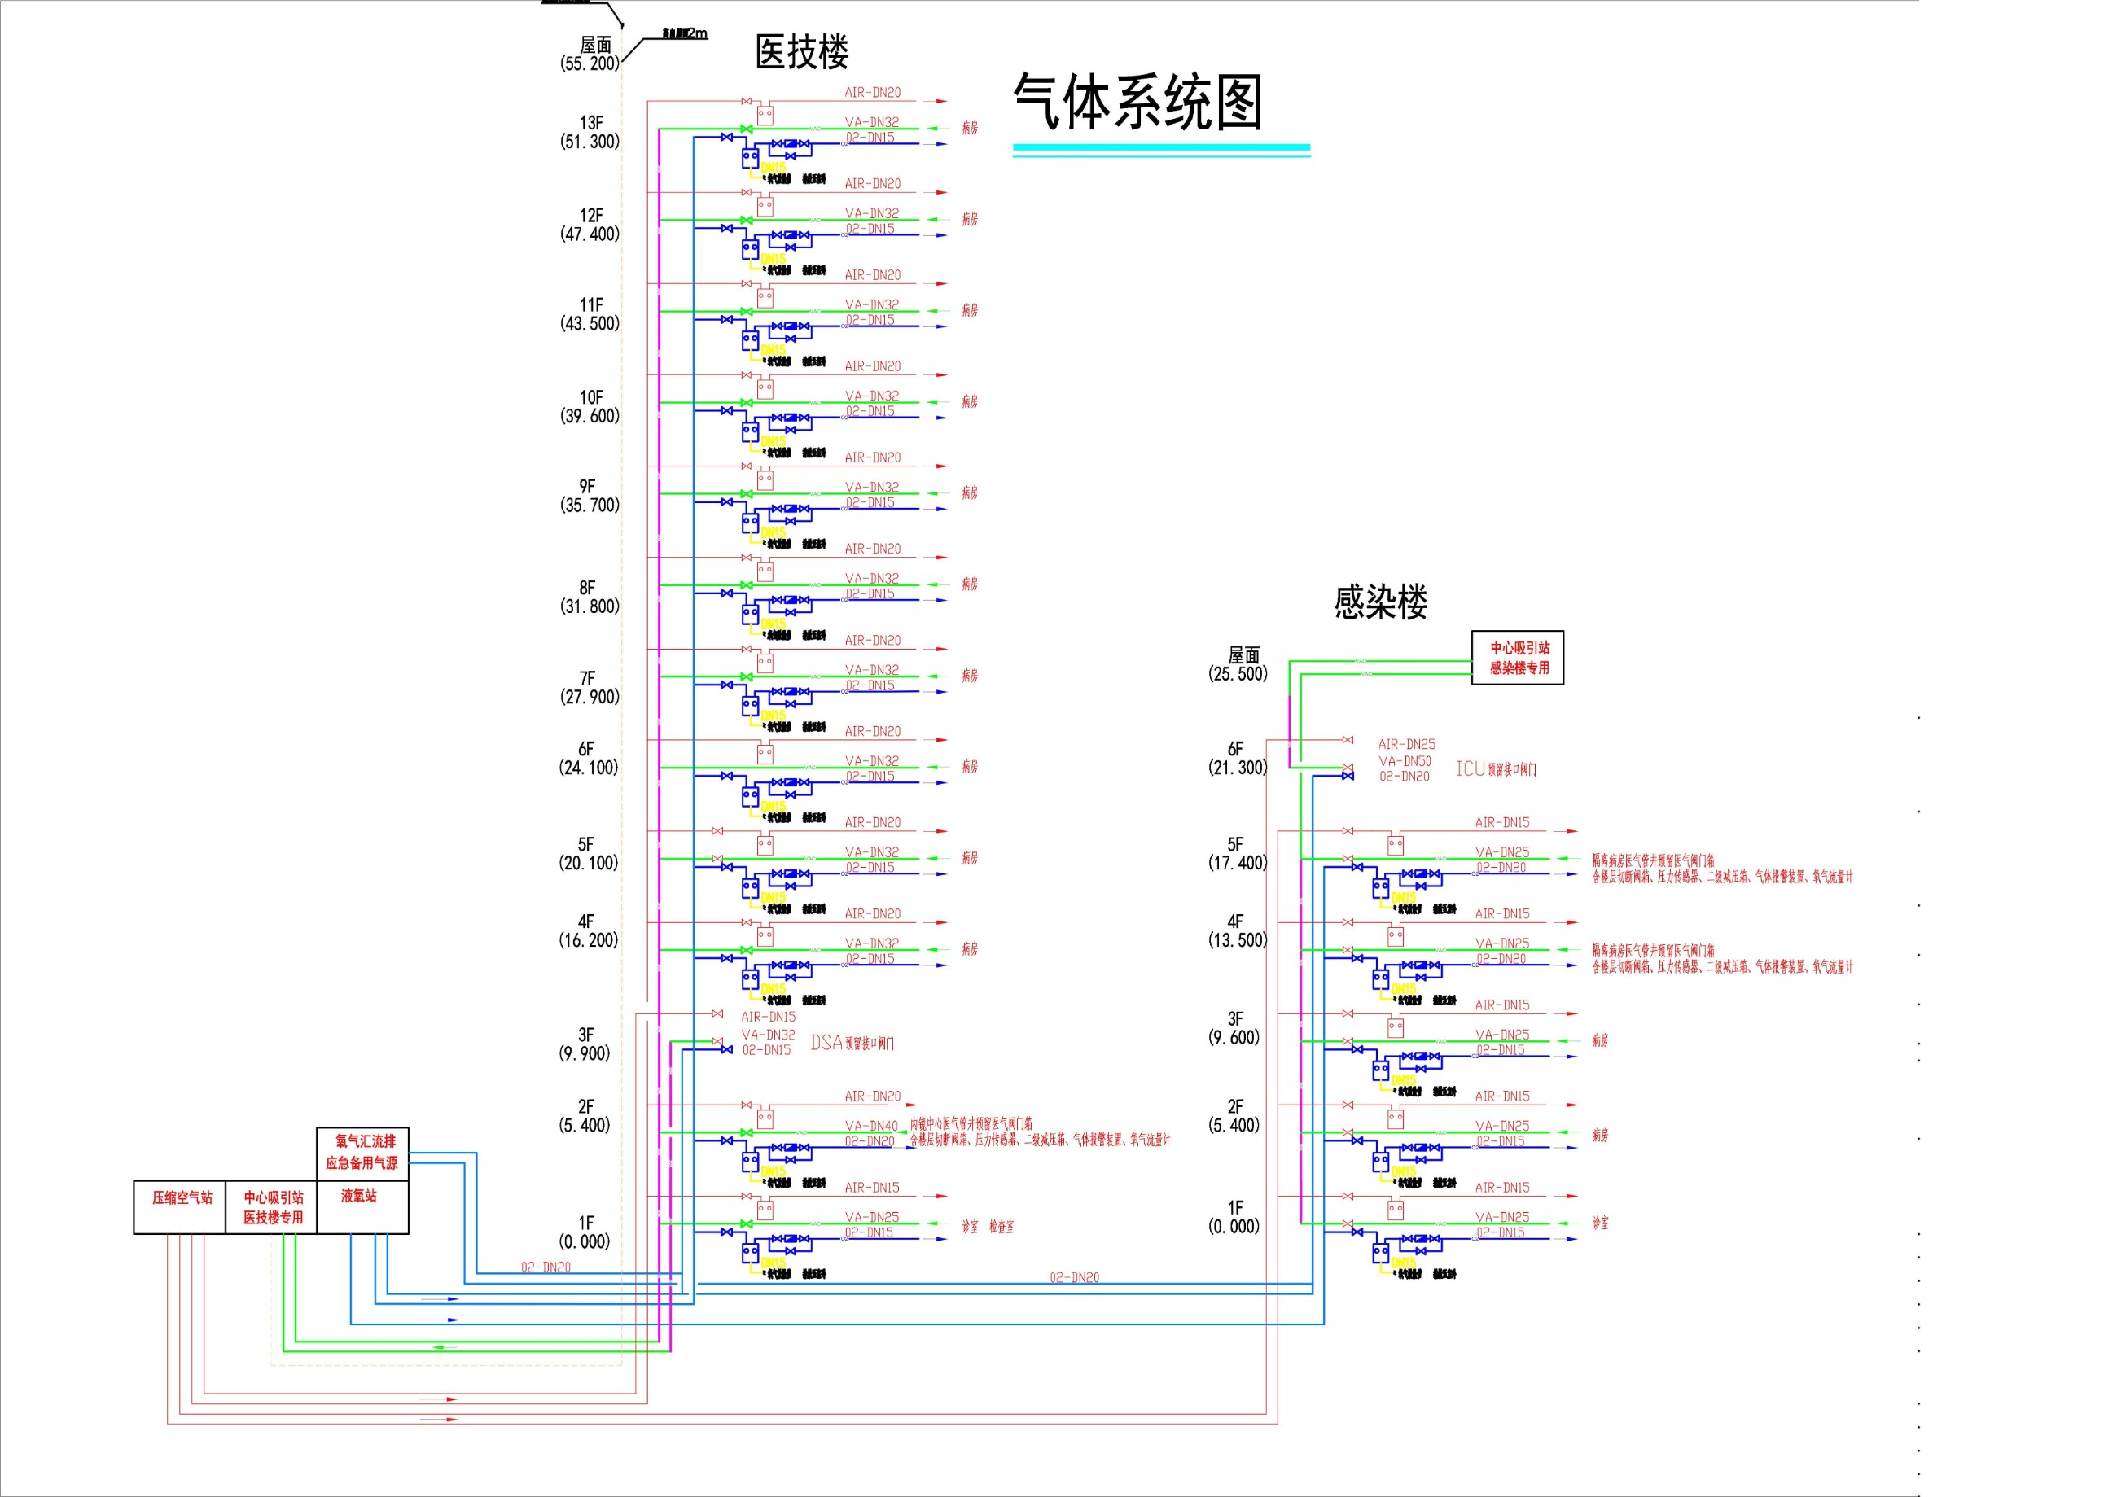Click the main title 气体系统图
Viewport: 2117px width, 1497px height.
1137,102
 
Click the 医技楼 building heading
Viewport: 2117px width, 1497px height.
801,51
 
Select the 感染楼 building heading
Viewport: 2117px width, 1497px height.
1380,602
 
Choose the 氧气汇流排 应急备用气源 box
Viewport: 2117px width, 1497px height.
362,1152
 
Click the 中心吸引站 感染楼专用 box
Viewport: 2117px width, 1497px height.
1518,657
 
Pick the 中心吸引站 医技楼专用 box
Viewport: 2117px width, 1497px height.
273,1206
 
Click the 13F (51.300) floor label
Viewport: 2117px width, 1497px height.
590,132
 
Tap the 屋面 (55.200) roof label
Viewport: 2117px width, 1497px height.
591,55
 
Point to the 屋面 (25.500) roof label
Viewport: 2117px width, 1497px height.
1238,663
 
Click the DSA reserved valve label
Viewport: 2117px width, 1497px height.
852,1043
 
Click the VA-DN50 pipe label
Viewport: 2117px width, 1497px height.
1405,760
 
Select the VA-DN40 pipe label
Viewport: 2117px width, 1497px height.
871,1126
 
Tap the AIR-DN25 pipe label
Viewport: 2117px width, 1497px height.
1406,744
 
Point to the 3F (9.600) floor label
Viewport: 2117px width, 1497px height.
1234,1028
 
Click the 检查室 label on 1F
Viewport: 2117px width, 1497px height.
1002,1226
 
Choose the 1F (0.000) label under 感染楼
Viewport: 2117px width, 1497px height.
1234,1217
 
